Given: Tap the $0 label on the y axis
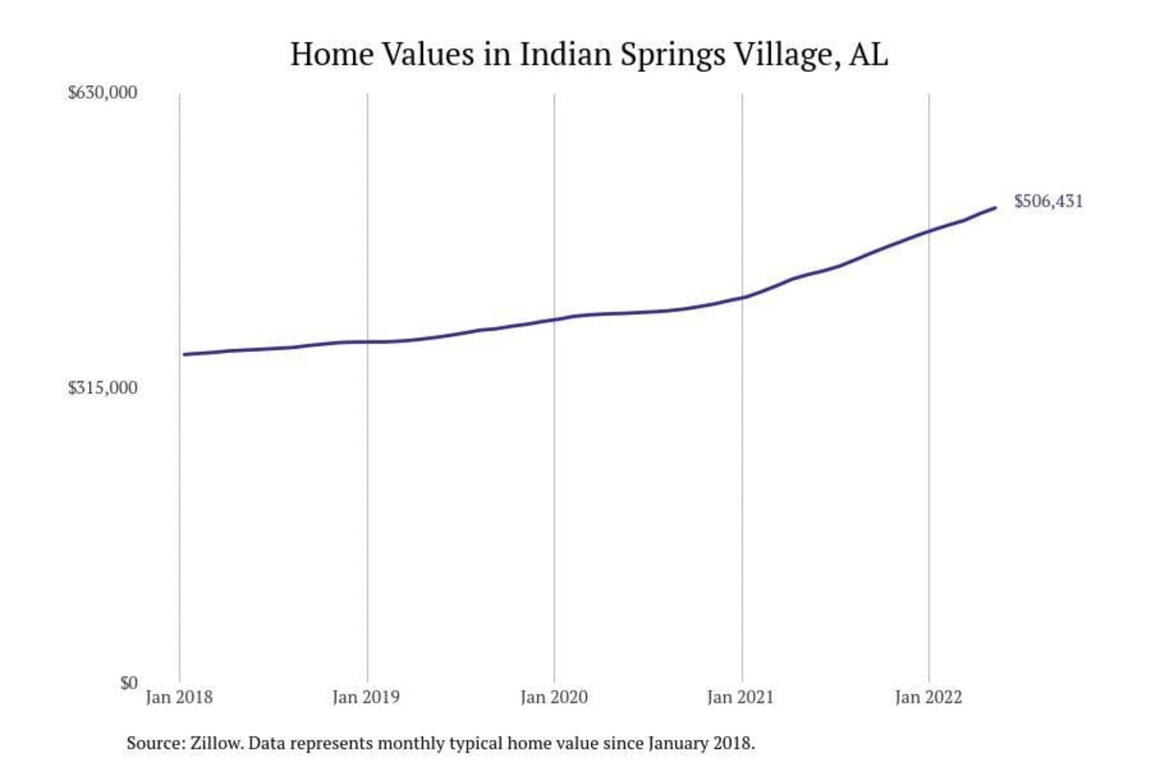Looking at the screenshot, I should [129, 683].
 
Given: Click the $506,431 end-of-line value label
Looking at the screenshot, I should [1048, 202].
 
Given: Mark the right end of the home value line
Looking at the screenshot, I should [995, 207].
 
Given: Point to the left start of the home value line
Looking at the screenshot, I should [184, 355].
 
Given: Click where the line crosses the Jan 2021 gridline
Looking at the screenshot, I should [742, 297].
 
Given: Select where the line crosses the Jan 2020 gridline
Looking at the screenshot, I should [554, 319].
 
